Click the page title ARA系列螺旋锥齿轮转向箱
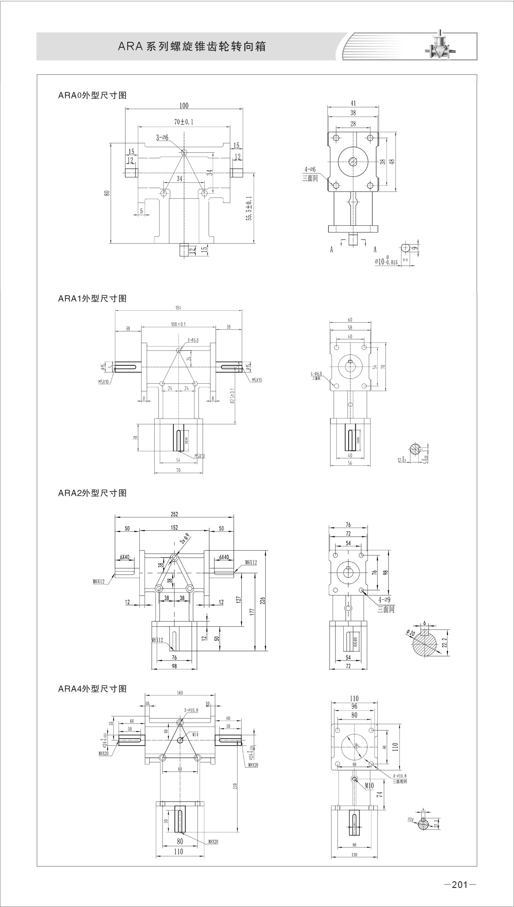pos(192,46)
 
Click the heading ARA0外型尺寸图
pos(92,95)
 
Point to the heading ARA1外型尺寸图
pos(92,299)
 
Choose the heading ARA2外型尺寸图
pos(92,493)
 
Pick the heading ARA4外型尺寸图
pos(92,689)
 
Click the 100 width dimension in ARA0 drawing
pos(184,106)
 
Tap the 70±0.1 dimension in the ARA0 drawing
pos(184,122)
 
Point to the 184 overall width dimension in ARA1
pos(179,308)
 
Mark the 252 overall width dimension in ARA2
pos(174,514)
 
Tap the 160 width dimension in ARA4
pos(179,693)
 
